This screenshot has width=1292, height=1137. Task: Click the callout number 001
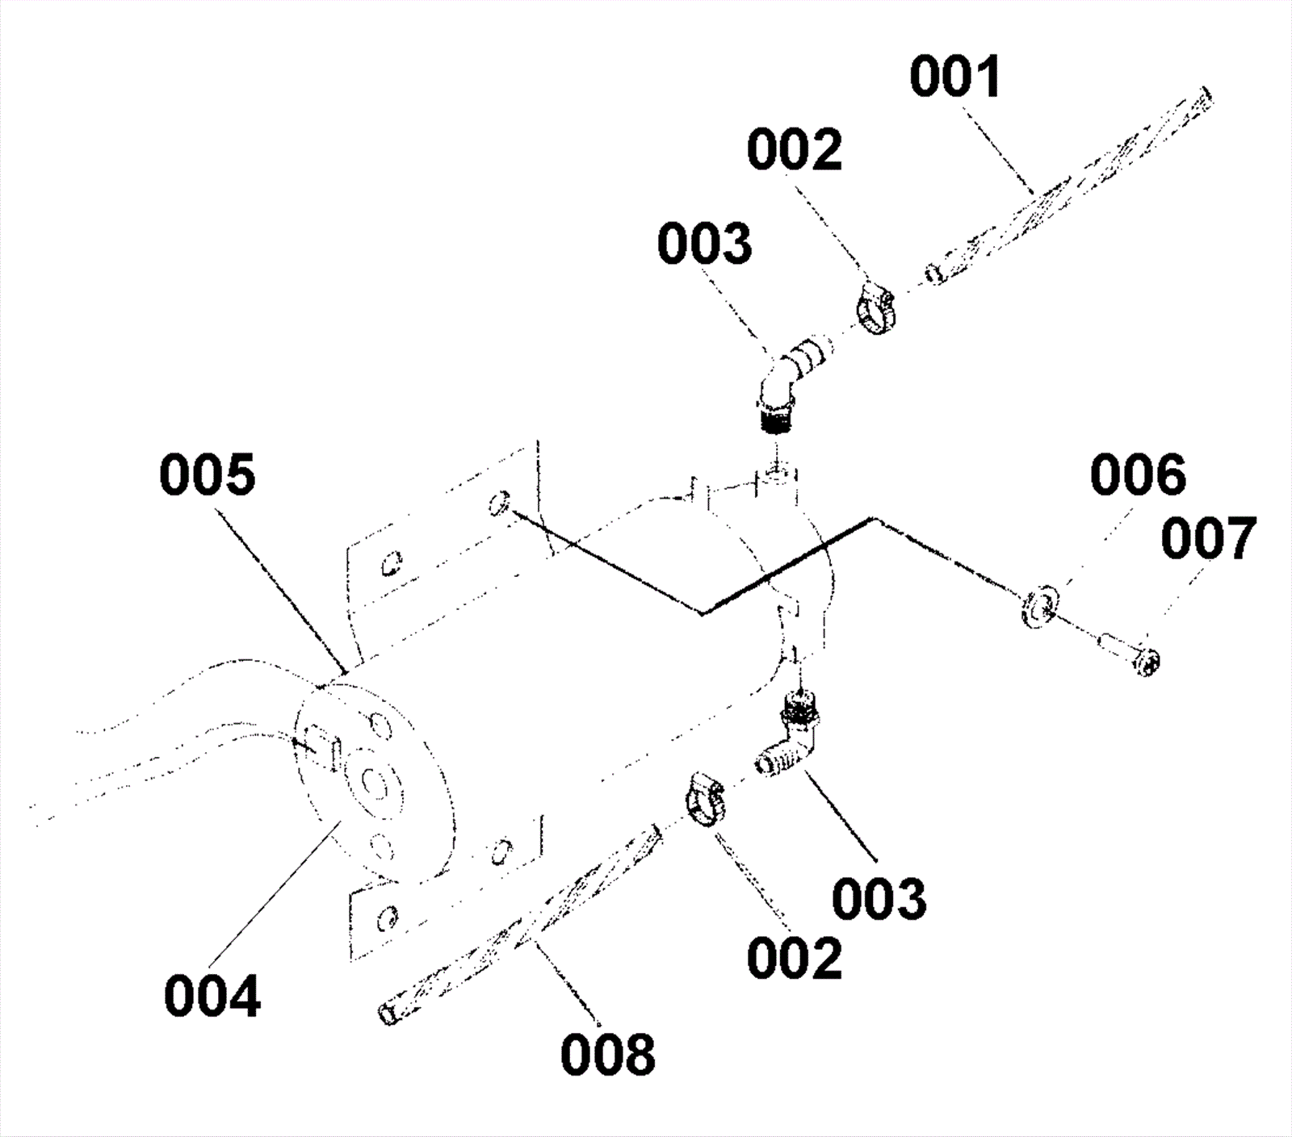pos(955,77)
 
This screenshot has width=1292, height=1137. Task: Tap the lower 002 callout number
pos(795,958)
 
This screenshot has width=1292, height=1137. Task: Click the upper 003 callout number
pos(704,244)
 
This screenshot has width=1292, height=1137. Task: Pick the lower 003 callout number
pos(879,899)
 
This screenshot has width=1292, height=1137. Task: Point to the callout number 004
pos(212,996)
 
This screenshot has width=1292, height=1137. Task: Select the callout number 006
pos(1138,474)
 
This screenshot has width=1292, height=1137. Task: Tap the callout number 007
pos(1209,538)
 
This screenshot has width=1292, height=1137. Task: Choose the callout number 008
pos(608,1054)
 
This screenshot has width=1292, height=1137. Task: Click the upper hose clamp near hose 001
pos(875,309)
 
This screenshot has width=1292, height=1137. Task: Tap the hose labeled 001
pos(1074,186)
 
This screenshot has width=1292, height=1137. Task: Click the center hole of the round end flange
pos(372,781)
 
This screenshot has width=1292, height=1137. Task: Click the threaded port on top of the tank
pos(777,471)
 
